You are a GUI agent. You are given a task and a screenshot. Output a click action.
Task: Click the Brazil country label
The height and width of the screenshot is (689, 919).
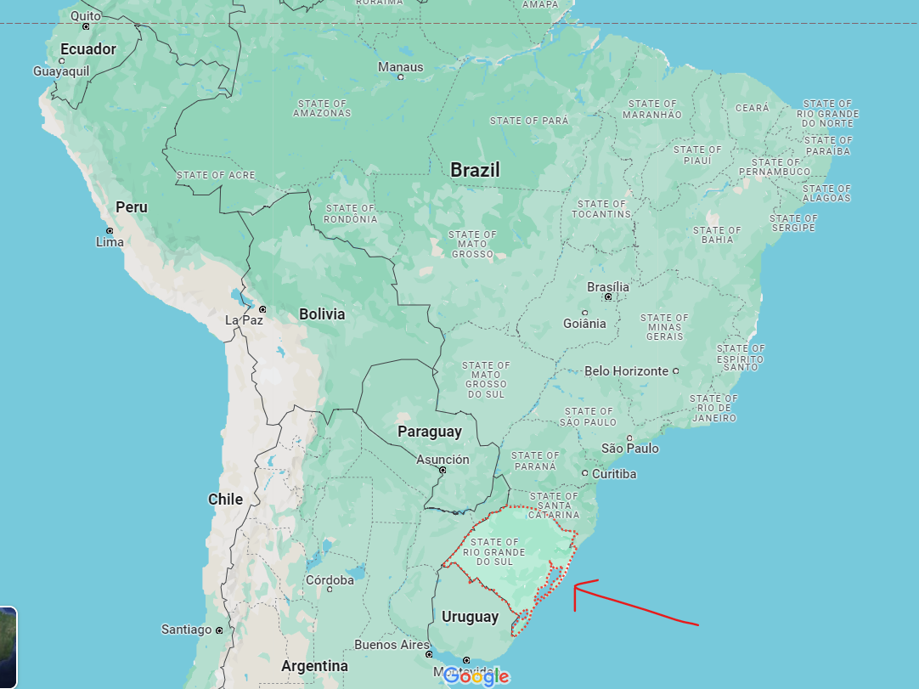(x=475, y=170)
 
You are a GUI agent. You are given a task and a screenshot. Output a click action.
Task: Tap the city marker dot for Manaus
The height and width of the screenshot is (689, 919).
(x=400, y=77)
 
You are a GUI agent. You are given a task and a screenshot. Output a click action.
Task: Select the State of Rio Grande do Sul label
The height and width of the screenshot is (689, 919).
(x=493, y=552)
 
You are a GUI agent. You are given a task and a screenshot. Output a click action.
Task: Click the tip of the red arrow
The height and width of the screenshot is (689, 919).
(x=575, y=585)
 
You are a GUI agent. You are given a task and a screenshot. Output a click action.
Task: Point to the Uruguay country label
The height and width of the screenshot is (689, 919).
(x=470, y=617)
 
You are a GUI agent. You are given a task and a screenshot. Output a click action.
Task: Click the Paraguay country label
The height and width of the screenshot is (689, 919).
(x=430, y=432)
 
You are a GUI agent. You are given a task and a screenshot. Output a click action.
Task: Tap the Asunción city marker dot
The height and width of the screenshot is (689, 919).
(x=443, y=470)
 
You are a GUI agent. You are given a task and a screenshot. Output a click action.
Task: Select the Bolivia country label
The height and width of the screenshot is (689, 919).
(x=322, y=314)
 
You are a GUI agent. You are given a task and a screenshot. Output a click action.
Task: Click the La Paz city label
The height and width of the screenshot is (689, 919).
(x=245, y=320)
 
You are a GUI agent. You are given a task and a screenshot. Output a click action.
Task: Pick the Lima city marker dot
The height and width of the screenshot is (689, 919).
(x=109, y=231)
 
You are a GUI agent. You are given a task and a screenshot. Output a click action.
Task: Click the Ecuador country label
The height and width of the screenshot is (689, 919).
(x=87, y=49)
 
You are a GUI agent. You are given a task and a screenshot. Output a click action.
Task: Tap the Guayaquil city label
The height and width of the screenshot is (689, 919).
(x=61, y=71)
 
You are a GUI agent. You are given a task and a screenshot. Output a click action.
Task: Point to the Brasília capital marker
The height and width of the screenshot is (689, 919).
(x=608, y=297)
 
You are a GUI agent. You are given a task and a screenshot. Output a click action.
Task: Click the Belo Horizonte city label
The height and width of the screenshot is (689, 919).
(x=626, y=371)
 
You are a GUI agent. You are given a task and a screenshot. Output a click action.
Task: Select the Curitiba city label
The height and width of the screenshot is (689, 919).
(x=614, y=474)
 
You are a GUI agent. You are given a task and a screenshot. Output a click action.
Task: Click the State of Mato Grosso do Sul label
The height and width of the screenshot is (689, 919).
(x=486, y=380)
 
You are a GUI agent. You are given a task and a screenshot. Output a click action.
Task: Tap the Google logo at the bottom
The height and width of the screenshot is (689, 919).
(x=476, y=676)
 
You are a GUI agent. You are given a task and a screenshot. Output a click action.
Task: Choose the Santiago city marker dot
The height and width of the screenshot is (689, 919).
(x=219, y=630)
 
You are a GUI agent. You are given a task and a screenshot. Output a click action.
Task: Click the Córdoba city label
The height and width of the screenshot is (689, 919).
(x=330, y=580)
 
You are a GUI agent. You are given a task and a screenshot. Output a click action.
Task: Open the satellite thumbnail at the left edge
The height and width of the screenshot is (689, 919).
(x=7, y=646)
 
